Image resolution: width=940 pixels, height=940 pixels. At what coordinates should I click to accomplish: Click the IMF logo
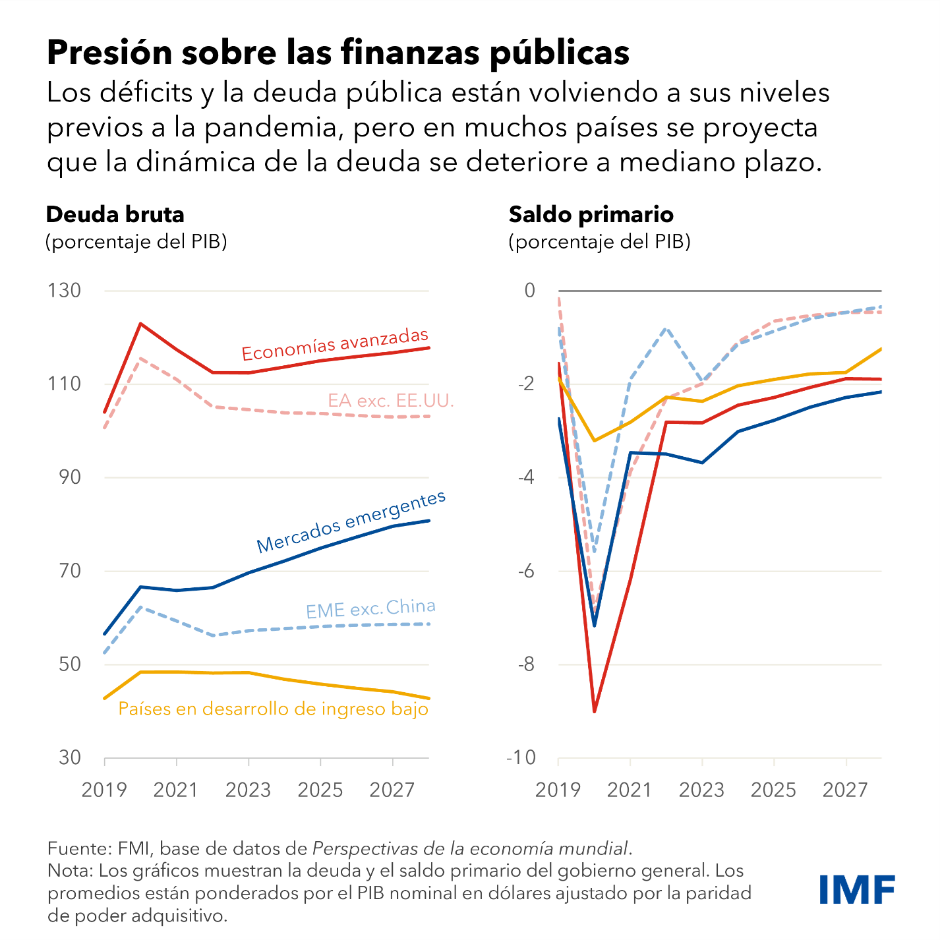[x=857, y=890]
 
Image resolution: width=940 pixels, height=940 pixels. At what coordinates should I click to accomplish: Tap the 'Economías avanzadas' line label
[x=335, y=345]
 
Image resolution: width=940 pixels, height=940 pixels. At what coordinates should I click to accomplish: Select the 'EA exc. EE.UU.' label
[x=391, y=400]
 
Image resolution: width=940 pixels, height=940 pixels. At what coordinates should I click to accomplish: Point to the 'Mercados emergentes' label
[x=351, y=522]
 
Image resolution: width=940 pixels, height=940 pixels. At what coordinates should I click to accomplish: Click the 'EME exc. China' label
[x=370, y=608]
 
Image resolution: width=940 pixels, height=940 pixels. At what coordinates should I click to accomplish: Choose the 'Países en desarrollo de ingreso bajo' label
[x=273, y=709]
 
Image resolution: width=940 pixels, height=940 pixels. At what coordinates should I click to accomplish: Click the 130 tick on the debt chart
[x=64, y=291]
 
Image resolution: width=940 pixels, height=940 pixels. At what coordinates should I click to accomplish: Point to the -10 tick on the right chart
[x=521, y=757]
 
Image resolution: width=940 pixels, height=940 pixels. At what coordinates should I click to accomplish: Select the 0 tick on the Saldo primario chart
[x=529, y=291]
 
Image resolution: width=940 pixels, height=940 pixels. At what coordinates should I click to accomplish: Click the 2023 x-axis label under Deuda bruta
[x=248, y=790]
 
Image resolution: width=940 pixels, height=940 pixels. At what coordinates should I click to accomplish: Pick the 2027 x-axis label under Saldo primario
[x=845, y=790]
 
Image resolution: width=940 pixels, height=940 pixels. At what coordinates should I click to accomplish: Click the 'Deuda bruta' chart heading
[x=115, y=215]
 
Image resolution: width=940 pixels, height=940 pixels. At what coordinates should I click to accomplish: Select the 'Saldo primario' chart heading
[x=591, y=215]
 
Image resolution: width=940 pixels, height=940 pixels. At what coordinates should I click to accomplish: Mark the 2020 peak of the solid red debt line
[x=140, y=324]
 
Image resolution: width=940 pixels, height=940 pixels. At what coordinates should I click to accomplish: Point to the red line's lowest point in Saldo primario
[x=595, y=711]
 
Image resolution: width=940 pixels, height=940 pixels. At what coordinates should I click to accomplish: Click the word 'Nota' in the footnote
[x=69, y=870]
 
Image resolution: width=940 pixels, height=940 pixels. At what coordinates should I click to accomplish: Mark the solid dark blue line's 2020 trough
[x=595, y=625]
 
